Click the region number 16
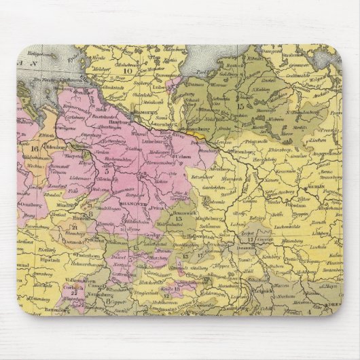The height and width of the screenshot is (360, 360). tap(35, 149)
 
